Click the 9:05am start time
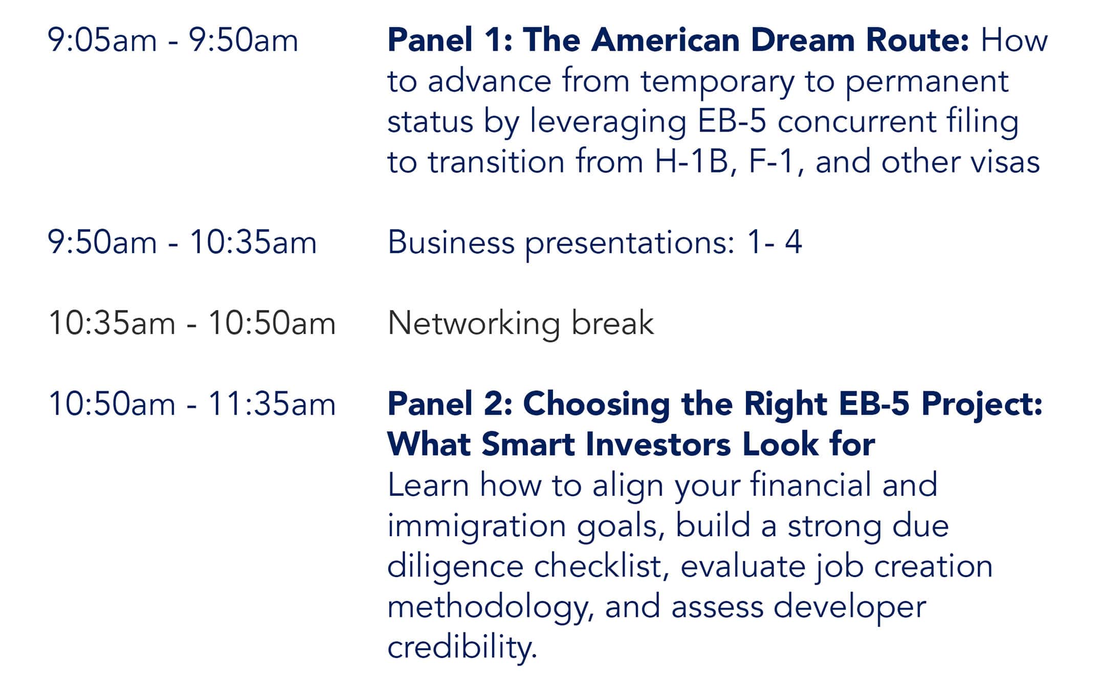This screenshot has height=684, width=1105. [102, 40]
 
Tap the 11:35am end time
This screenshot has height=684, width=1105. [272, 404]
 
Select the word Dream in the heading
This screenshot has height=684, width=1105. [802, 40]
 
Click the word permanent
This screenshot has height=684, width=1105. [926, 82]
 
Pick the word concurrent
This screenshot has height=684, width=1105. [856, 122]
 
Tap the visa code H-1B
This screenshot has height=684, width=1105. [691, 162]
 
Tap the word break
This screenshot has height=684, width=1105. [612, 323]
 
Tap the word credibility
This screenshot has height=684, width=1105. [462, 648]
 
